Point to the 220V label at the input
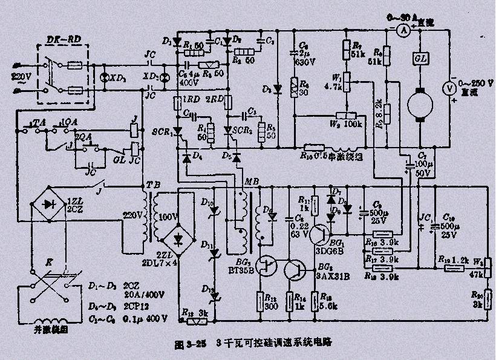click(x=10, y=77)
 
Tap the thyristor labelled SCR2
click(x=230, y=129)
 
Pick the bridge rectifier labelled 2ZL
click(x=177, y=238)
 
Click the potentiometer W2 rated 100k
click(x=347, y=117)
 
